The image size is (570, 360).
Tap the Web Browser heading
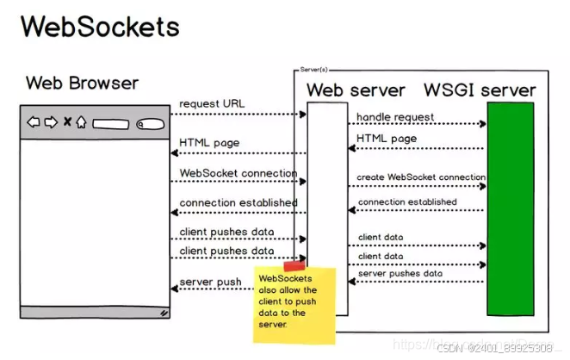click(x=82, y=84)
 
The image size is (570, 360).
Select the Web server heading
click(x=356, y=90)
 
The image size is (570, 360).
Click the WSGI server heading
click(x=480, y=90)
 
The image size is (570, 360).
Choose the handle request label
click(x=395, y=116)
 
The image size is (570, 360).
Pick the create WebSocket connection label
click(x=421, y=177)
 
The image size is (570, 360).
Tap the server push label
click(x=209, y=282)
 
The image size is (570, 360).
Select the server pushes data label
click(x=400, y=273)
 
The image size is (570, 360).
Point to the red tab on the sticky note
click(x=294, y=266)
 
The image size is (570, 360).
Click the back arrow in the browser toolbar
click(x=34, y=122)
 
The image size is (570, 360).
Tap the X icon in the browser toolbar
click(x=67, y=122)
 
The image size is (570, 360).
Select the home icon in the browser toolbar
click(x=81, y=122)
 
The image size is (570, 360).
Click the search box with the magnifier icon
click(x=150, y=123)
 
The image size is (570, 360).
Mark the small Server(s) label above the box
click(x=314, y=67)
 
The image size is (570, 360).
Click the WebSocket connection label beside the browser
click(x=238, y=173)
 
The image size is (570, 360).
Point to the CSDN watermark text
click(x=493, y=348)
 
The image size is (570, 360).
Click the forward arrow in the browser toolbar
click(x=51, y=122)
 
